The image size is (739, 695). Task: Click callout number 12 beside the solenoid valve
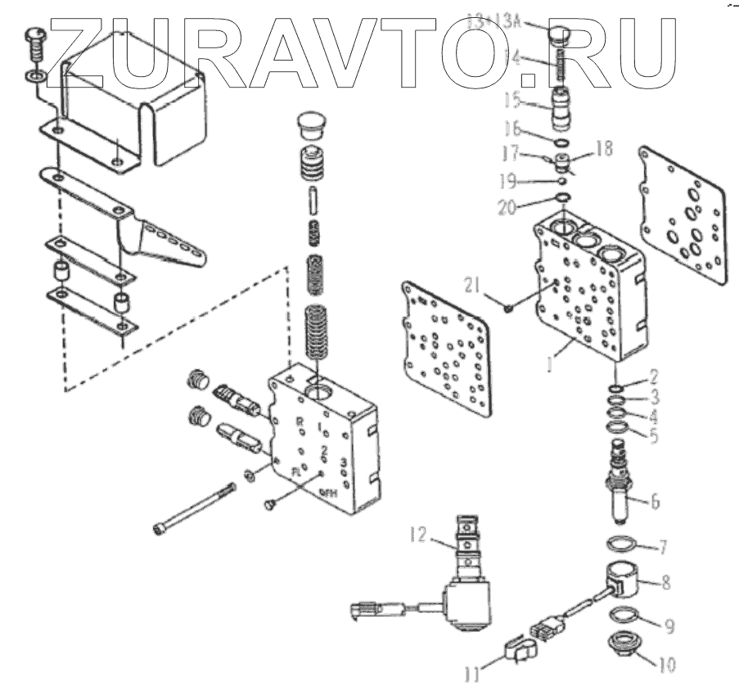pyautogui.click(x=420, y=536)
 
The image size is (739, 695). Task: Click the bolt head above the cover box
pyautogui.click(x=36, y=35)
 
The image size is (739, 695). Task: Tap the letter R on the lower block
pyautogui.click(x=300, y=422)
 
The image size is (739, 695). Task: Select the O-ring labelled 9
pyautogui.click(x=626, y=616)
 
